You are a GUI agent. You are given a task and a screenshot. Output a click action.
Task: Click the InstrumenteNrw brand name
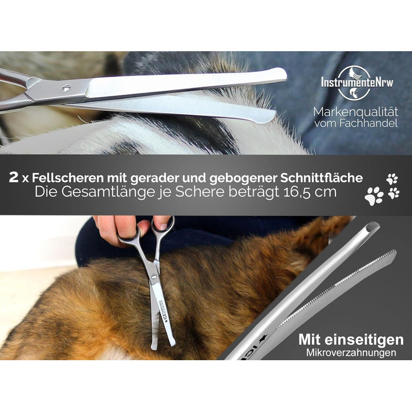point(357,82)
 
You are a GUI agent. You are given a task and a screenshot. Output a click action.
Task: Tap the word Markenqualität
point(355,112)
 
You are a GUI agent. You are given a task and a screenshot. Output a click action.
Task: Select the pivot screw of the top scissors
point(67,88)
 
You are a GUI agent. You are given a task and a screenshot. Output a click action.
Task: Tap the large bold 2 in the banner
point(14,178)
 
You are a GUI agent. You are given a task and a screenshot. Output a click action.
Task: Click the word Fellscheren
point(68,178)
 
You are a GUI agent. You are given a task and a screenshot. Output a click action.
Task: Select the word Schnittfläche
point(321,178)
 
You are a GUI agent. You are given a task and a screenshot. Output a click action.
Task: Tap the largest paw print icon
point(374,196)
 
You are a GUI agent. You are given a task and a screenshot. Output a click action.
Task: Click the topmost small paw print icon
point(393,179)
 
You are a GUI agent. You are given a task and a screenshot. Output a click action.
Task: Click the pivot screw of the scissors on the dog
point(153,276)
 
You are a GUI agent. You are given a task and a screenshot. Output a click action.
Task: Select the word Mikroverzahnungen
point(351,353)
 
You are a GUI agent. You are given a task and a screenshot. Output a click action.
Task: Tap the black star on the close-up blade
point(263,338)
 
